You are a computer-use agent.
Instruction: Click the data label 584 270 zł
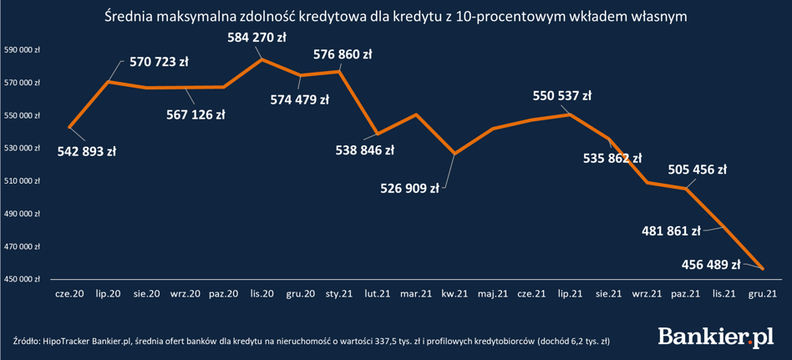coord(256,37)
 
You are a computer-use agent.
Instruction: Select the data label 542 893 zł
coord(87,151)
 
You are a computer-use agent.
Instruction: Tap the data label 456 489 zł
coord(712,263)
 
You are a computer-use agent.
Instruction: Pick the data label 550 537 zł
coord(562,96)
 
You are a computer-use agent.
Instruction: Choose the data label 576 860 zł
coord(343,54)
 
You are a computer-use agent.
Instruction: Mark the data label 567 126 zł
coord(195,114)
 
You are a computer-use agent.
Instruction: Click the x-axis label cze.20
coord(69,293)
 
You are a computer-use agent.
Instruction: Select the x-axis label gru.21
coord(764,293)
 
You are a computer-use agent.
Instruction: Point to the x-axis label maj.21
coord(493,293)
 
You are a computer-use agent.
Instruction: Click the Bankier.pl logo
coord(716,336)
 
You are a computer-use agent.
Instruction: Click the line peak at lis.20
coord(261,59)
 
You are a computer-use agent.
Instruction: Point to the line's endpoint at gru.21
coord(763,268)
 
